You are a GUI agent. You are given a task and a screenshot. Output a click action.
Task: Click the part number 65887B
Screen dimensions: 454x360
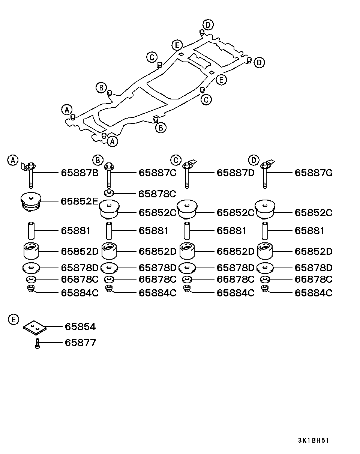(x=79, y=173)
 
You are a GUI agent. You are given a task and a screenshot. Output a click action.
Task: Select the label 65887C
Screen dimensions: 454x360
(x=157, y=173)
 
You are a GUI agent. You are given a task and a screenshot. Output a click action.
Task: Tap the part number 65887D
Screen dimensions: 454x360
(x=235, y=173)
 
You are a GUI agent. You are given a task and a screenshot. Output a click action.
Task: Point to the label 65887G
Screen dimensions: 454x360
(x=313, y=173)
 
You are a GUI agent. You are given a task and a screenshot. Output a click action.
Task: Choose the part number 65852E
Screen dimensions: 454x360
(x=79, y=201)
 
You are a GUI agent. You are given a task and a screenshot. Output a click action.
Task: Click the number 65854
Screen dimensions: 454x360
(x=80, y=327)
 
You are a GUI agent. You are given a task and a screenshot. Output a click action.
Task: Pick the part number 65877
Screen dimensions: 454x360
(x=80, y=343)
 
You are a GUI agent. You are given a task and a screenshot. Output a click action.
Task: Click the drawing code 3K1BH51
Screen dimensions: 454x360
(x=313, y=440)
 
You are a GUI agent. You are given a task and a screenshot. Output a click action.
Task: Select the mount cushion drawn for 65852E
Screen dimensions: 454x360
(x=31, y=201)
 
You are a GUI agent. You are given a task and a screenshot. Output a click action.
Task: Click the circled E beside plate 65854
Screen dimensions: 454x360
(x=13, y=320)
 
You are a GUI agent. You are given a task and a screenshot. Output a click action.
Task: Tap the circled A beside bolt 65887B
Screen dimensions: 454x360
(x=13, y=160)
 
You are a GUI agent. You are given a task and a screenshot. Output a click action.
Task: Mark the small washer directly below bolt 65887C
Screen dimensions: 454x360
(x=109, y=194)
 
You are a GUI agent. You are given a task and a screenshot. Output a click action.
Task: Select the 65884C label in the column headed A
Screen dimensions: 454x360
(x=79, y=293)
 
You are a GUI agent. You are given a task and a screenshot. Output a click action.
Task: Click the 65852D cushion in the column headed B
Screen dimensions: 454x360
(x=109, y=251)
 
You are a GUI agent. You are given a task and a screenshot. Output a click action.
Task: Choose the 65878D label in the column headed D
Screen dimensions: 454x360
(x=313, y=268)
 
